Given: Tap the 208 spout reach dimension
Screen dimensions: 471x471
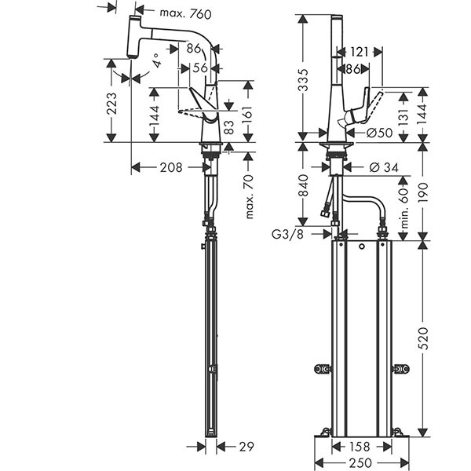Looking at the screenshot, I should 170,167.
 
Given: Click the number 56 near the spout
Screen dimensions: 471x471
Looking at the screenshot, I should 199,68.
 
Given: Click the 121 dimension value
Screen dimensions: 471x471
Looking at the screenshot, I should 360,52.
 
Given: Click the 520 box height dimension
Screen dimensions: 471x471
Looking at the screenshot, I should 425,338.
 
